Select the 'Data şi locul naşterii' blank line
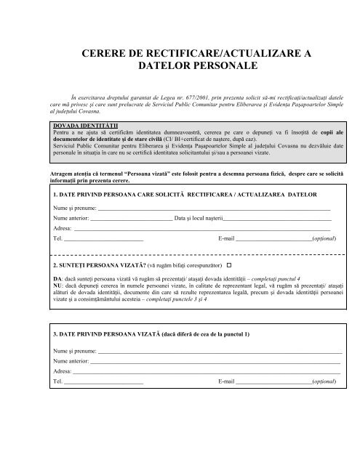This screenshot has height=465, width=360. tap(276, 219)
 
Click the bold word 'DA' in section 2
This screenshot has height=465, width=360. tap(57, 279)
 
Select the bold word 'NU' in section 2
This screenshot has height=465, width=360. tap(58, 286)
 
